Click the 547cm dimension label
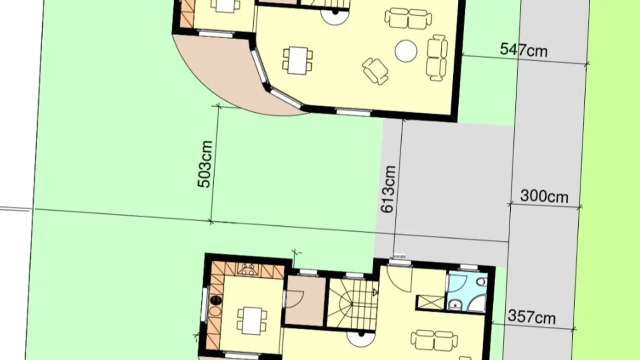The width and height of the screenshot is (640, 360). (x=524, y=50)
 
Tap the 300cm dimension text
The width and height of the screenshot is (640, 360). (x=544, y=196)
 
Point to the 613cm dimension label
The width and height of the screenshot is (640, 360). (x=388, y=189)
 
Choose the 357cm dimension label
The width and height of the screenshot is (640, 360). (x=532, y=317)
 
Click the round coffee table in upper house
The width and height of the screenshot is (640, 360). (x=406, y=51)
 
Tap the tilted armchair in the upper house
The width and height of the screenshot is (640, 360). (x=375, y=71)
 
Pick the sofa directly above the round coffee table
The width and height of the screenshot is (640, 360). (x=408, y=18)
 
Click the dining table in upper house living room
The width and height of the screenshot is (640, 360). (x=297, y=60)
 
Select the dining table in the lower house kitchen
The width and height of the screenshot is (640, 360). (x=252, y=320)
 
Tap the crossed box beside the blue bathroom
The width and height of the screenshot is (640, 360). (x=430, y=302)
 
